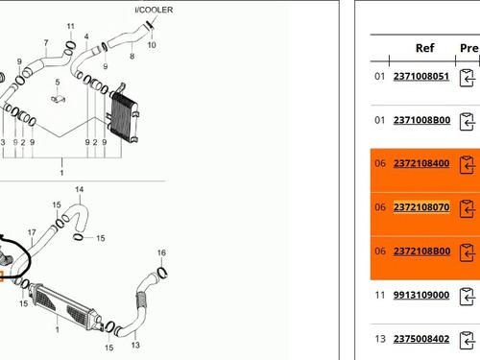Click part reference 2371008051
(x=421, y=76)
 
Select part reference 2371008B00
(x=421, y=120)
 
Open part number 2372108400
(x=421, y=163)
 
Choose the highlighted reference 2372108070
(x=421, y=207)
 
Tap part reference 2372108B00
(x=421, y=251)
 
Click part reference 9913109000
(x=421, y=295)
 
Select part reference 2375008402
(x=421, y=338)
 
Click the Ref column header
(x=424, y=47)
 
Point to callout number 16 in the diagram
(x=161, y=252)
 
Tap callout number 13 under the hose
(x=135, y=345)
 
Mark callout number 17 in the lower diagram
(x=32, y=231)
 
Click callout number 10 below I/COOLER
(x=151, y=45)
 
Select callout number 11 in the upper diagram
(x=69, y=26)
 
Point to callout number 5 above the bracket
(x=58, y=82)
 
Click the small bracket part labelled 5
(x=58, y=97)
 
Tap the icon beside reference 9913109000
(x=468, y=297)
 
